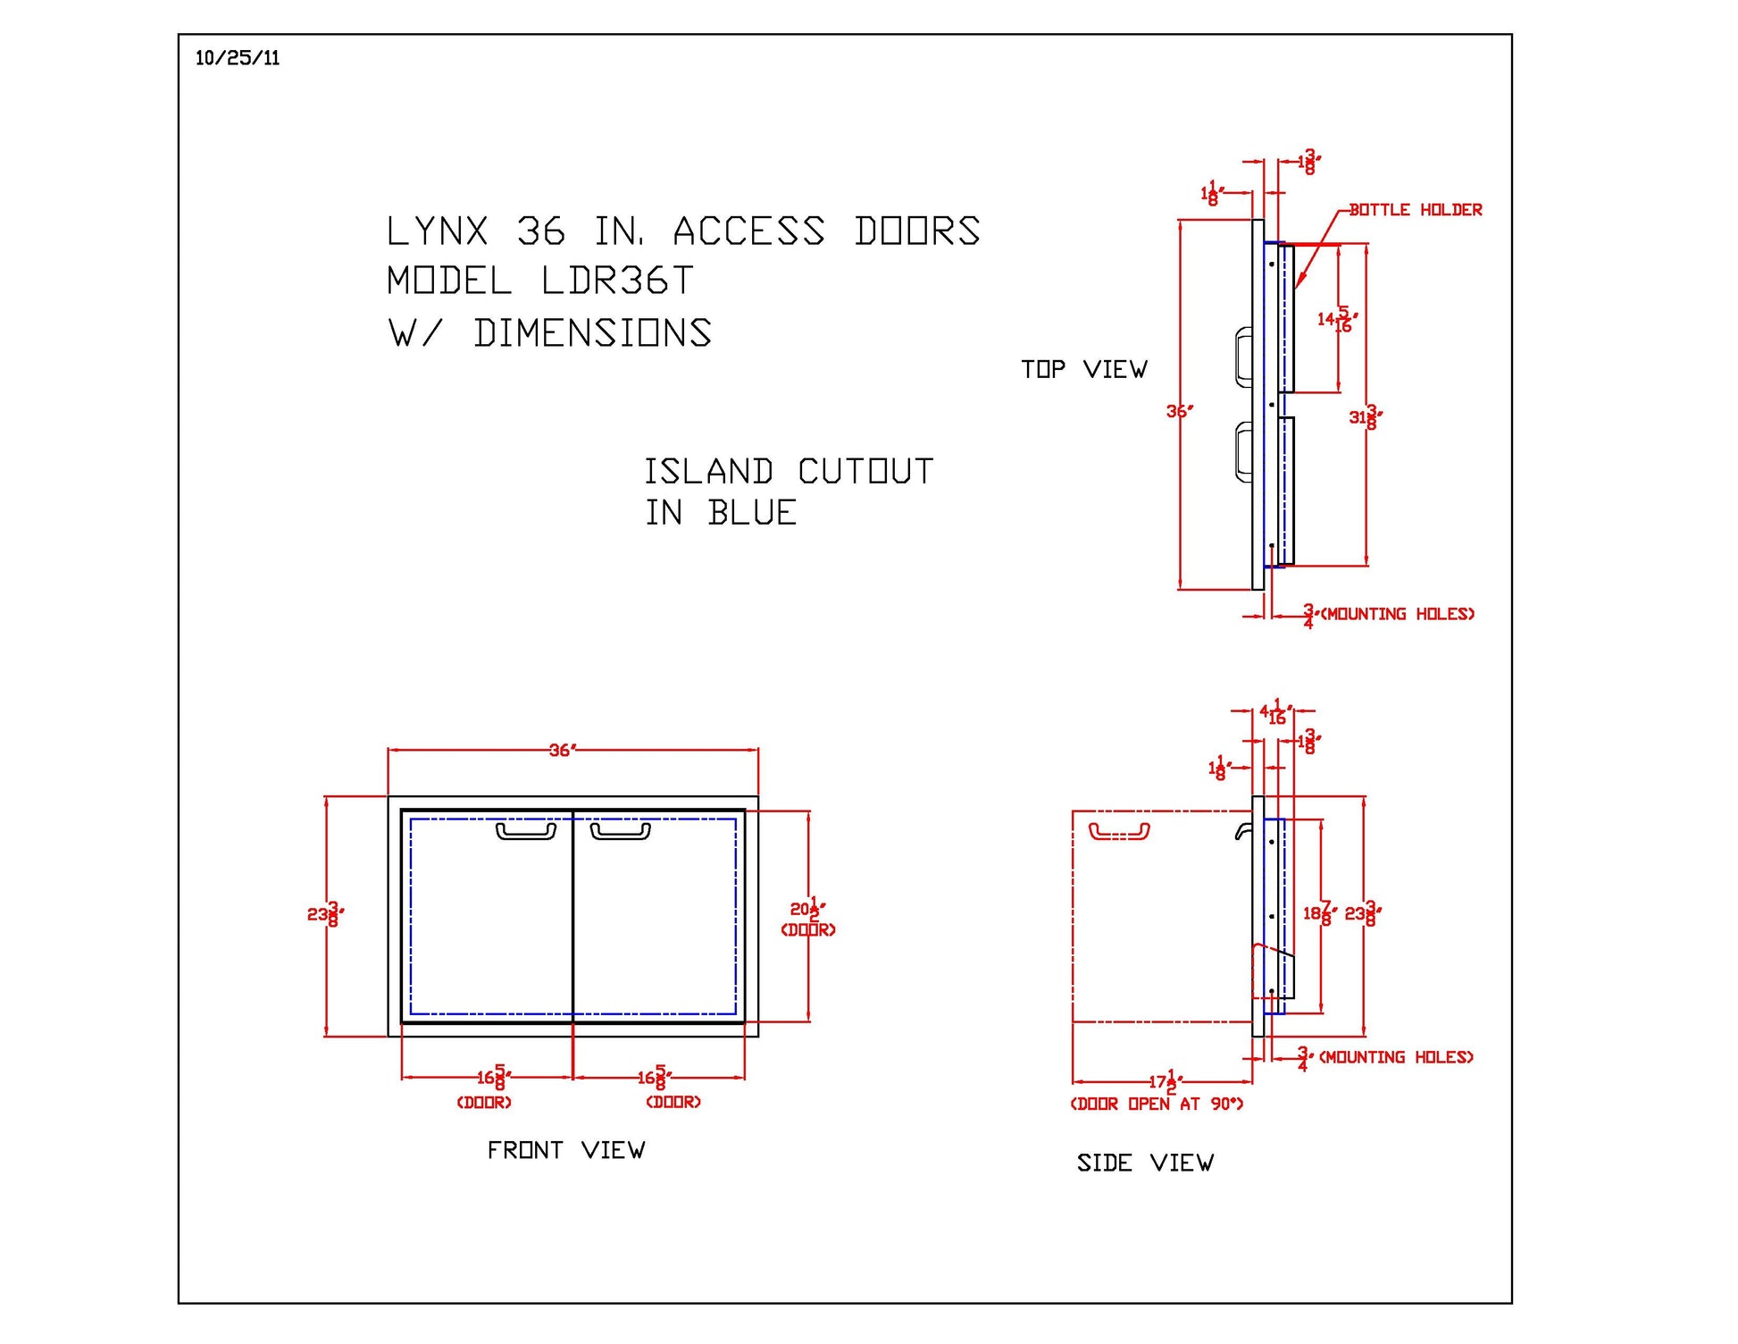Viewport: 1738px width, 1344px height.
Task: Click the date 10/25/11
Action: [238, 59]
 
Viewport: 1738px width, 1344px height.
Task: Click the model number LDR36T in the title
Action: [617, 281]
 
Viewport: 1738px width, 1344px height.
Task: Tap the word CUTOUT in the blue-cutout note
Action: [865, 472]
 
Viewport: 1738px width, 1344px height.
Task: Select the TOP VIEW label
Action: [1083, 370]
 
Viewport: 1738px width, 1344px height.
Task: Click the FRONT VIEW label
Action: [565, 1150]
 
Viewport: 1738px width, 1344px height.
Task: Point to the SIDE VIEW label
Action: [1145, 1163]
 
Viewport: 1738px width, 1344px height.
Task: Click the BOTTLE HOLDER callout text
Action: [1415, 210]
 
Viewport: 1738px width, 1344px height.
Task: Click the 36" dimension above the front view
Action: [562, 751]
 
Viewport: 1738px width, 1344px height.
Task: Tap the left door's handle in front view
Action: [526, 832]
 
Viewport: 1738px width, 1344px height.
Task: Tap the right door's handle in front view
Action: [621, 832]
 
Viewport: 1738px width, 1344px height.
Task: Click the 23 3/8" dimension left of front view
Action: [324, 914]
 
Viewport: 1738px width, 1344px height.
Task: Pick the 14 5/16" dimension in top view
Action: [1337, 319]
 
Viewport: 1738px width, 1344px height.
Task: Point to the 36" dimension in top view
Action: [1178, 411]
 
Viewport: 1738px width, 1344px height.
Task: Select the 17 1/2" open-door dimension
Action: [1166, 1082]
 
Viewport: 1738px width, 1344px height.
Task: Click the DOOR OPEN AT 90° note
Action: [1157, 1105]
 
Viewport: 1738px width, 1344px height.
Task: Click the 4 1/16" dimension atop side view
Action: [1274, 713]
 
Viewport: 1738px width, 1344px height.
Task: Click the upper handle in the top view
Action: [1243, 357]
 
